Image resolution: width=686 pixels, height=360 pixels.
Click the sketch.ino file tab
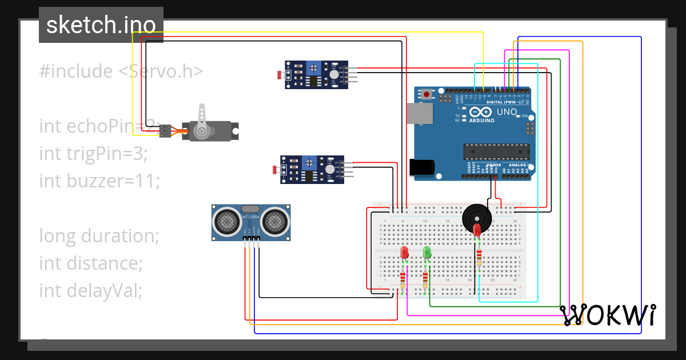101,25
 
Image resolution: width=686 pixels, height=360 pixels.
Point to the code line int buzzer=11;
99,181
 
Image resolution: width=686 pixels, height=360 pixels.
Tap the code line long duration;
99,235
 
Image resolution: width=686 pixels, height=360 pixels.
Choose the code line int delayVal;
90,290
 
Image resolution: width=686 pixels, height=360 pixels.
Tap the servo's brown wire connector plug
165,131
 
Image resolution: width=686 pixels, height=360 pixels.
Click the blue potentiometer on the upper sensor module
313,69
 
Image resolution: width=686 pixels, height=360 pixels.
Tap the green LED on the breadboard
426,252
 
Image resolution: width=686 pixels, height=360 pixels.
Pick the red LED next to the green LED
404,252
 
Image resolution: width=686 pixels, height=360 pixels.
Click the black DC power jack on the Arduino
422,167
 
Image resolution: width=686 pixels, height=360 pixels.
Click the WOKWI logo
607,314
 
